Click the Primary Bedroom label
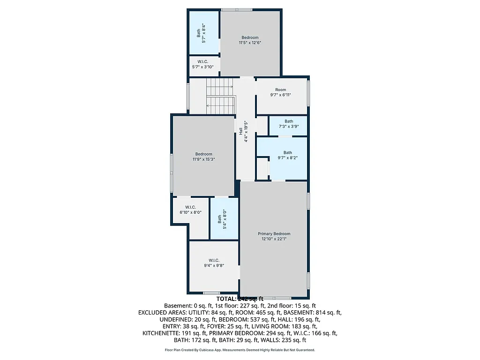[x=274, y=233]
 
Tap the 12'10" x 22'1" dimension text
[x=274, y=239]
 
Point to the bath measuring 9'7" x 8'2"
[x=287, y=155]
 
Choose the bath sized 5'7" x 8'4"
[x=201, y=33]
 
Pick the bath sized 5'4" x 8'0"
[x=222, y=218]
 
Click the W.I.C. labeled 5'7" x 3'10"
[x=202, y=64]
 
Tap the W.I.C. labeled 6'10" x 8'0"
[x=190, y=210]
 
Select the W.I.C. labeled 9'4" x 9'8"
[x=214, y=262]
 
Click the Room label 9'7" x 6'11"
[x=280, y=92]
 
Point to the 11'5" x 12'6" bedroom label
[x=250, y=40]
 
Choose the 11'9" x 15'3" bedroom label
[x=203, y=157]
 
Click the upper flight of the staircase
[x=220, y=86]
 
